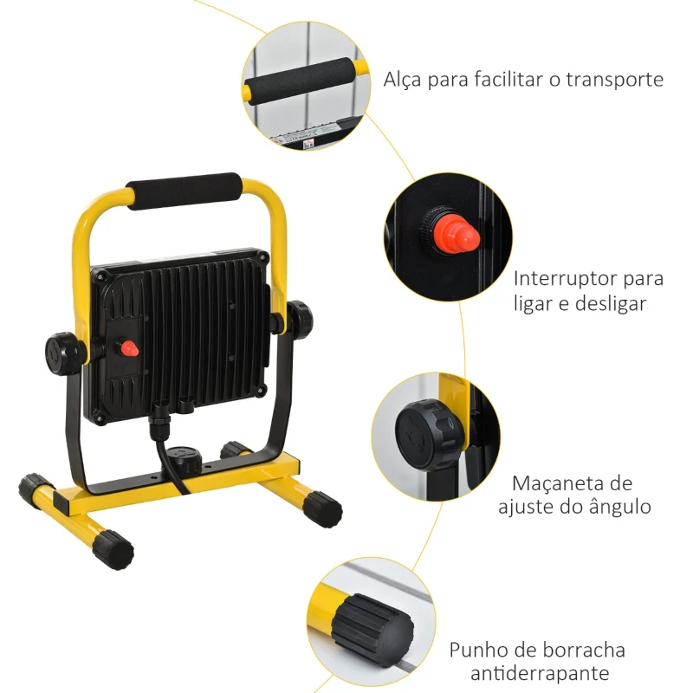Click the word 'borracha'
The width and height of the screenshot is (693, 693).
[584, 650]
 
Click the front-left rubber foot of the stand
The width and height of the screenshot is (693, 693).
[113, 547]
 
